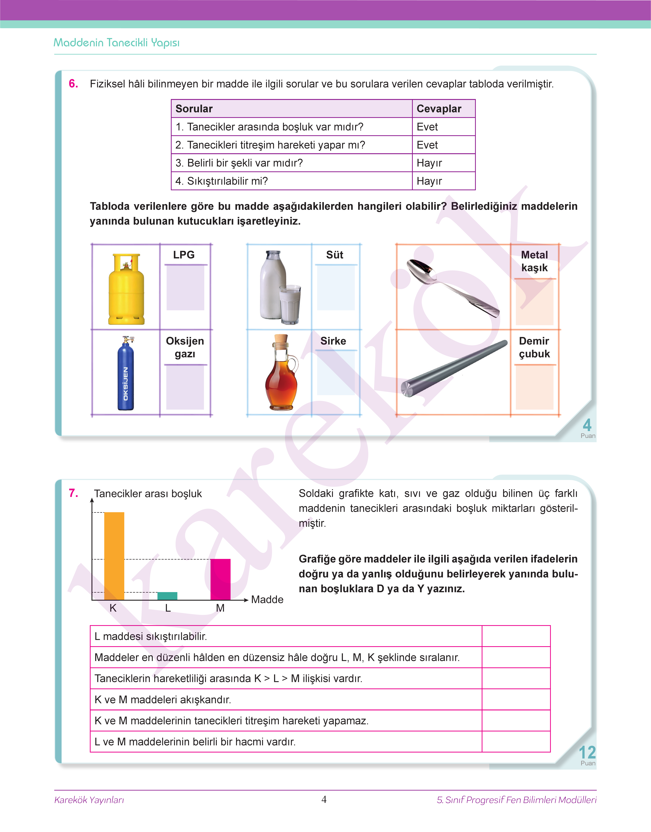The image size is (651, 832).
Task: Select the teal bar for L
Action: pyautogui.click(x=167, y=596)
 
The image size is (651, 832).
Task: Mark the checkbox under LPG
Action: pyautogui.click(x=185, y=288)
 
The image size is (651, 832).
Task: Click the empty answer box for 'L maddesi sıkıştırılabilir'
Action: pyautogui.click(x=516, y=636)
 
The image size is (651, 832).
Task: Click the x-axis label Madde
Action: pyautogui.click(x=267, y=599)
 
